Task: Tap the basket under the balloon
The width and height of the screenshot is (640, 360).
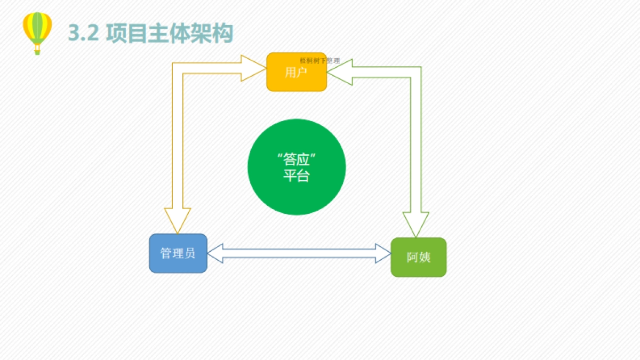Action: click(37, 51)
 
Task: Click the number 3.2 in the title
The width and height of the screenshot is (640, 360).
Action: click(84, 34)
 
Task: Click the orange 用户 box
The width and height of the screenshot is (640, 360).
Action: click(296, 73)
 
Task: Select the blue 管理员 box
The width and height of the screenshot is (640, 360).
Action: click(178, 253)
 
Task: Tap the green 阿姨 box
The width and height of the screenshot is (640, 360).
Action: click(418, 257)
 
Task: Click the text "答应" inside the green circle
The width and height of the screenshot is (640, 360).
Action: click(297, 159)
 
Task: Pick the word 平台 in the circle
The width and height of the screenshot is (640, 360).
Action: click(297, 176)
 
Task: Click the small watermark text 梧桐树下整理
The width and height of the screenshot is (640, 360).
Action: click(319, 61)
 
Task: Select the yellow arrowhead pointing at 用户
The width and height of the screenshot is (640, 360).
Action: click(253, 68)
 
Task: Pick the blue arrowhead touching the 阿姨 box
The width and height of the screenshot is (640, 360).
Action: click(382, 253)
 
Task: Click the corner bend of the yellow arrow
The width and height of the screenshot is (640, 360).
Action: click(178, 68)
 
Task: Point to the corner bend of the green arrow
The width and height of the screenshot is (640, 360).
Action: click(415, 72)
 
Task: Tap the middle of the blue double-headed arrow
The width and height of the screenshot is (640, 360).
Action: click(299, 253)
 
